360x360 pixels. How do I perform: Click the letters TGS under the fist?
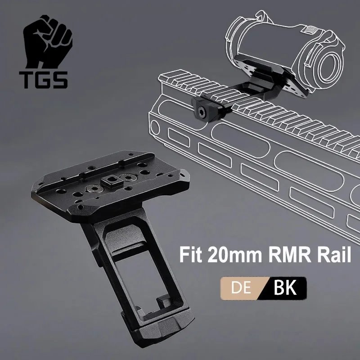tap(44, 80)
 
